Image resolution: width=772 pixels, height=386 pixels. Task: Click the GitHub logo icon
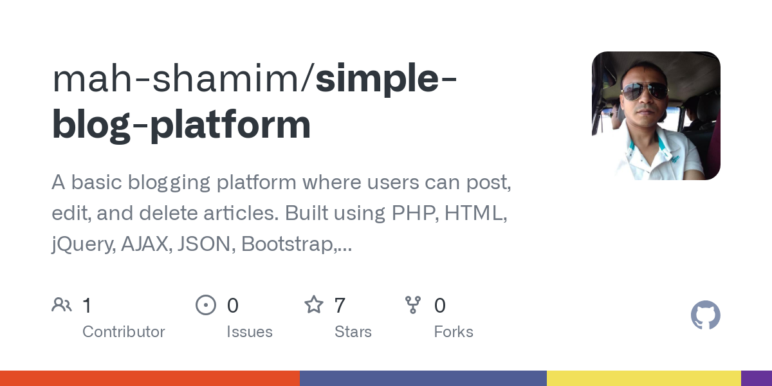point(705,315)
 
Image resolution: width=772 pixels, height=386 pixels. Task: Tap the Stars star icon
point(313,304)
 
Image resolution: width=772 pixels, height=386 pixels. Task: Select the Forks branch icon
point(412,304)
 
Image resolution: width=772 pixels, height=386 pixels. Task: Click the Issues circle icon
point(205,304)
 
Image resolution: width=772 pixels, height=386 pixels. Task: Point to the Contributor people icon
point(62,304)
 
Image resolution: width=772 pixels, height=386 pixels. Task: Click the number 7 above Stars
point(340,305)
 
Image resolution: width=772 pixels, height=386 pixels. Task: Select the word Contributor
point(124,332)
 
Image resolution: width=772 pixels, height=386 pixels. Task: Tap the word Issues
point(250,332)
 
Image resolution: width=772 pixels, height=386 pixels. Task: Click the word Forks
point(454,332)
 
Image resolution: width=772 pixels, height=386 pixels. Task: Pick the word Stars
point(353,332)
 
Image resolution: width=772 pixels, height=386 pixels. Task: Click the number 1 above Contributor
point(87,305)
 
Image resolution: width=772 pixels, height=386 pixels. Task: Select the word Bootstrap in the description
point(289,244)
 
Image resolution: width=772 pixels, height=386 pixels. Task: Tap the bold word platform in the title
point(230,125)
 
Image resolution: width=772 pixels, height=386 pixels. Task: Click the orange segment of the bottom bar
point(150,378)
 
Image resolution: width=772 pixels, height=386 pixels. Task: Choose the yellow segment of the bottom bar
point(643,378)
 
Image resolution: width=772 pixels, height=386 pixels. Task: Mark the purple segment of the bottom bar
point(757,378)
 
